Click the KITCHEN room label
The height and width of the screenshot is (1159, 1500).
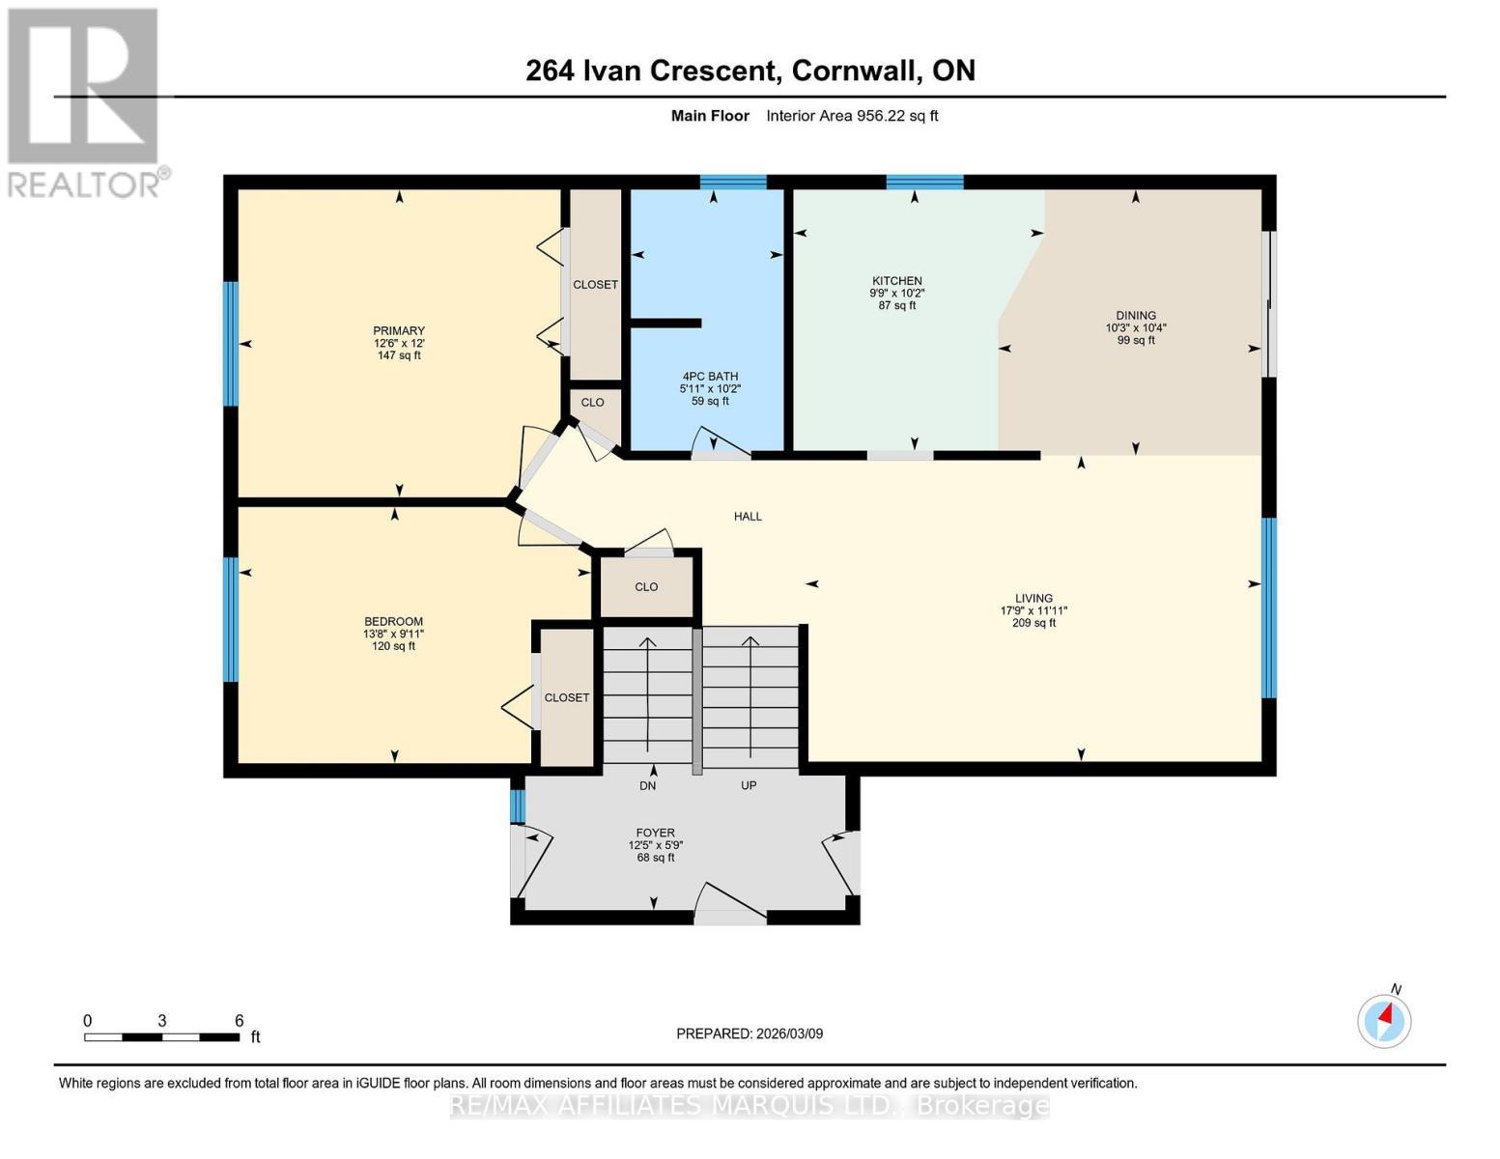point(897,281)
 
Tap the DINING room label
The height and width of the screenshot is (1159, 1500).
point(1136,315)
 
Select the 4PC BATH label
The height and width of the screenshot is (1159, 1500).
point(709,377)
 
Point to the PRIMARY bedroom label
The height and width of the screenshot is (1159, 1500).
point(399,331)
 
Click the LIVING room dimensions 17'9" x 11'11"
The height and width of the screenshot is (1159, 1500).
point(1033,610)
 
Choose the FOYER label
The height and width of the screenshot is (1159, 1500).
point(655,833)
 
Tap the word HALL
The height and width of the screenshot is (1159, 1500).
point(748,517)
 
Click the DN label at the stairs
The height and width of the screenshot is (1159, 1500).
point(647,785)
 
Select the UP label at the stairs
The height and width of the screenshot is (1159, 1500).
point(749,785)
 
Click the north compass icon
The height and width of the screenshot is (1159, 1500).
point(1384,1020)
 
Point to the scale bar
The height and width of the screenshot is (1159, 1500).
point(161,1037)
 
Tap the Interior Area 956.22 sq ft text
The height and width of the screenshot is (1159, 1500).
point(852,116)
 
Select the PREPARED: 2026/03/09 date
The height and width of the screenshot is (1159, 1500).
point(750,1033)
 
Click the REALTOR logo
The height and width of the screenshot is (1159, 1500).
point(85,101)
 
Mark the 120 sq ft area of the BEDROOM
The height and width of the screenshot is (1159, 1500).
point(394,646)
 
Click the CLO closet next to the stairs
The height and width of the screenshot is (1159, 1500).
point(646,587)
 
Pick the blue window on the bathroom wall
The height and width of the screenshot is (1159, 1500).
point(733,182)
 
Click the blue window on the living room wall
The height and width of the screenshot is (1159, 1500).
point(1269,608)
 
